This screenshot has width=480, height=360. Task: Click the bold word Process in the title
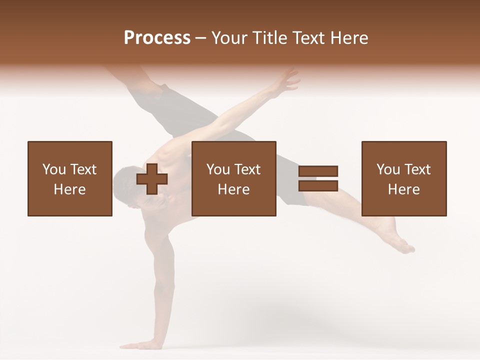[157, 38]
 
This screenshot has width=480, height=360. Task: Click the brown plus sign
[152, 178]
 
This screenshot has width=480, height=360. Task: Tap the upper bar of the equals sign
[318, 171]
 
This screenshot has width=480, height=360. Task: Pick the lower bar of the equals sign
[318, 186]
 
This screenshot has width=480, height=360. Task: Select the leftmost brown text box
[70, 178]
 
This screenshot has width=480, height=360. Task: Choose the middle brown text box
[234, 178]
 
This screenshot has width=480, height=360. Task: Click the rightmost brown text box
[404, 178]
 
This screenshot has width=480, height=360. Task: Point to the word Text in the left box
[83, 169]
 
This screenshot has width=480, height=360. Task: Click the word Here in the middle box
[234, 189]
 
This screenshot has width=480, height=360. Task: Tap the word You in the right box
[388, 169]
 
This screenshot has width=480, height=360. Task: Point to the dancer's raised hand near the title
[286, 81]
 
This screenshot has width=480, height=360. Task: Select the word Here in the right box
[404, 189]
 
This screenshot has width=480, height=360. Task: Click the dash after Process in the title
[200, 38]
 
